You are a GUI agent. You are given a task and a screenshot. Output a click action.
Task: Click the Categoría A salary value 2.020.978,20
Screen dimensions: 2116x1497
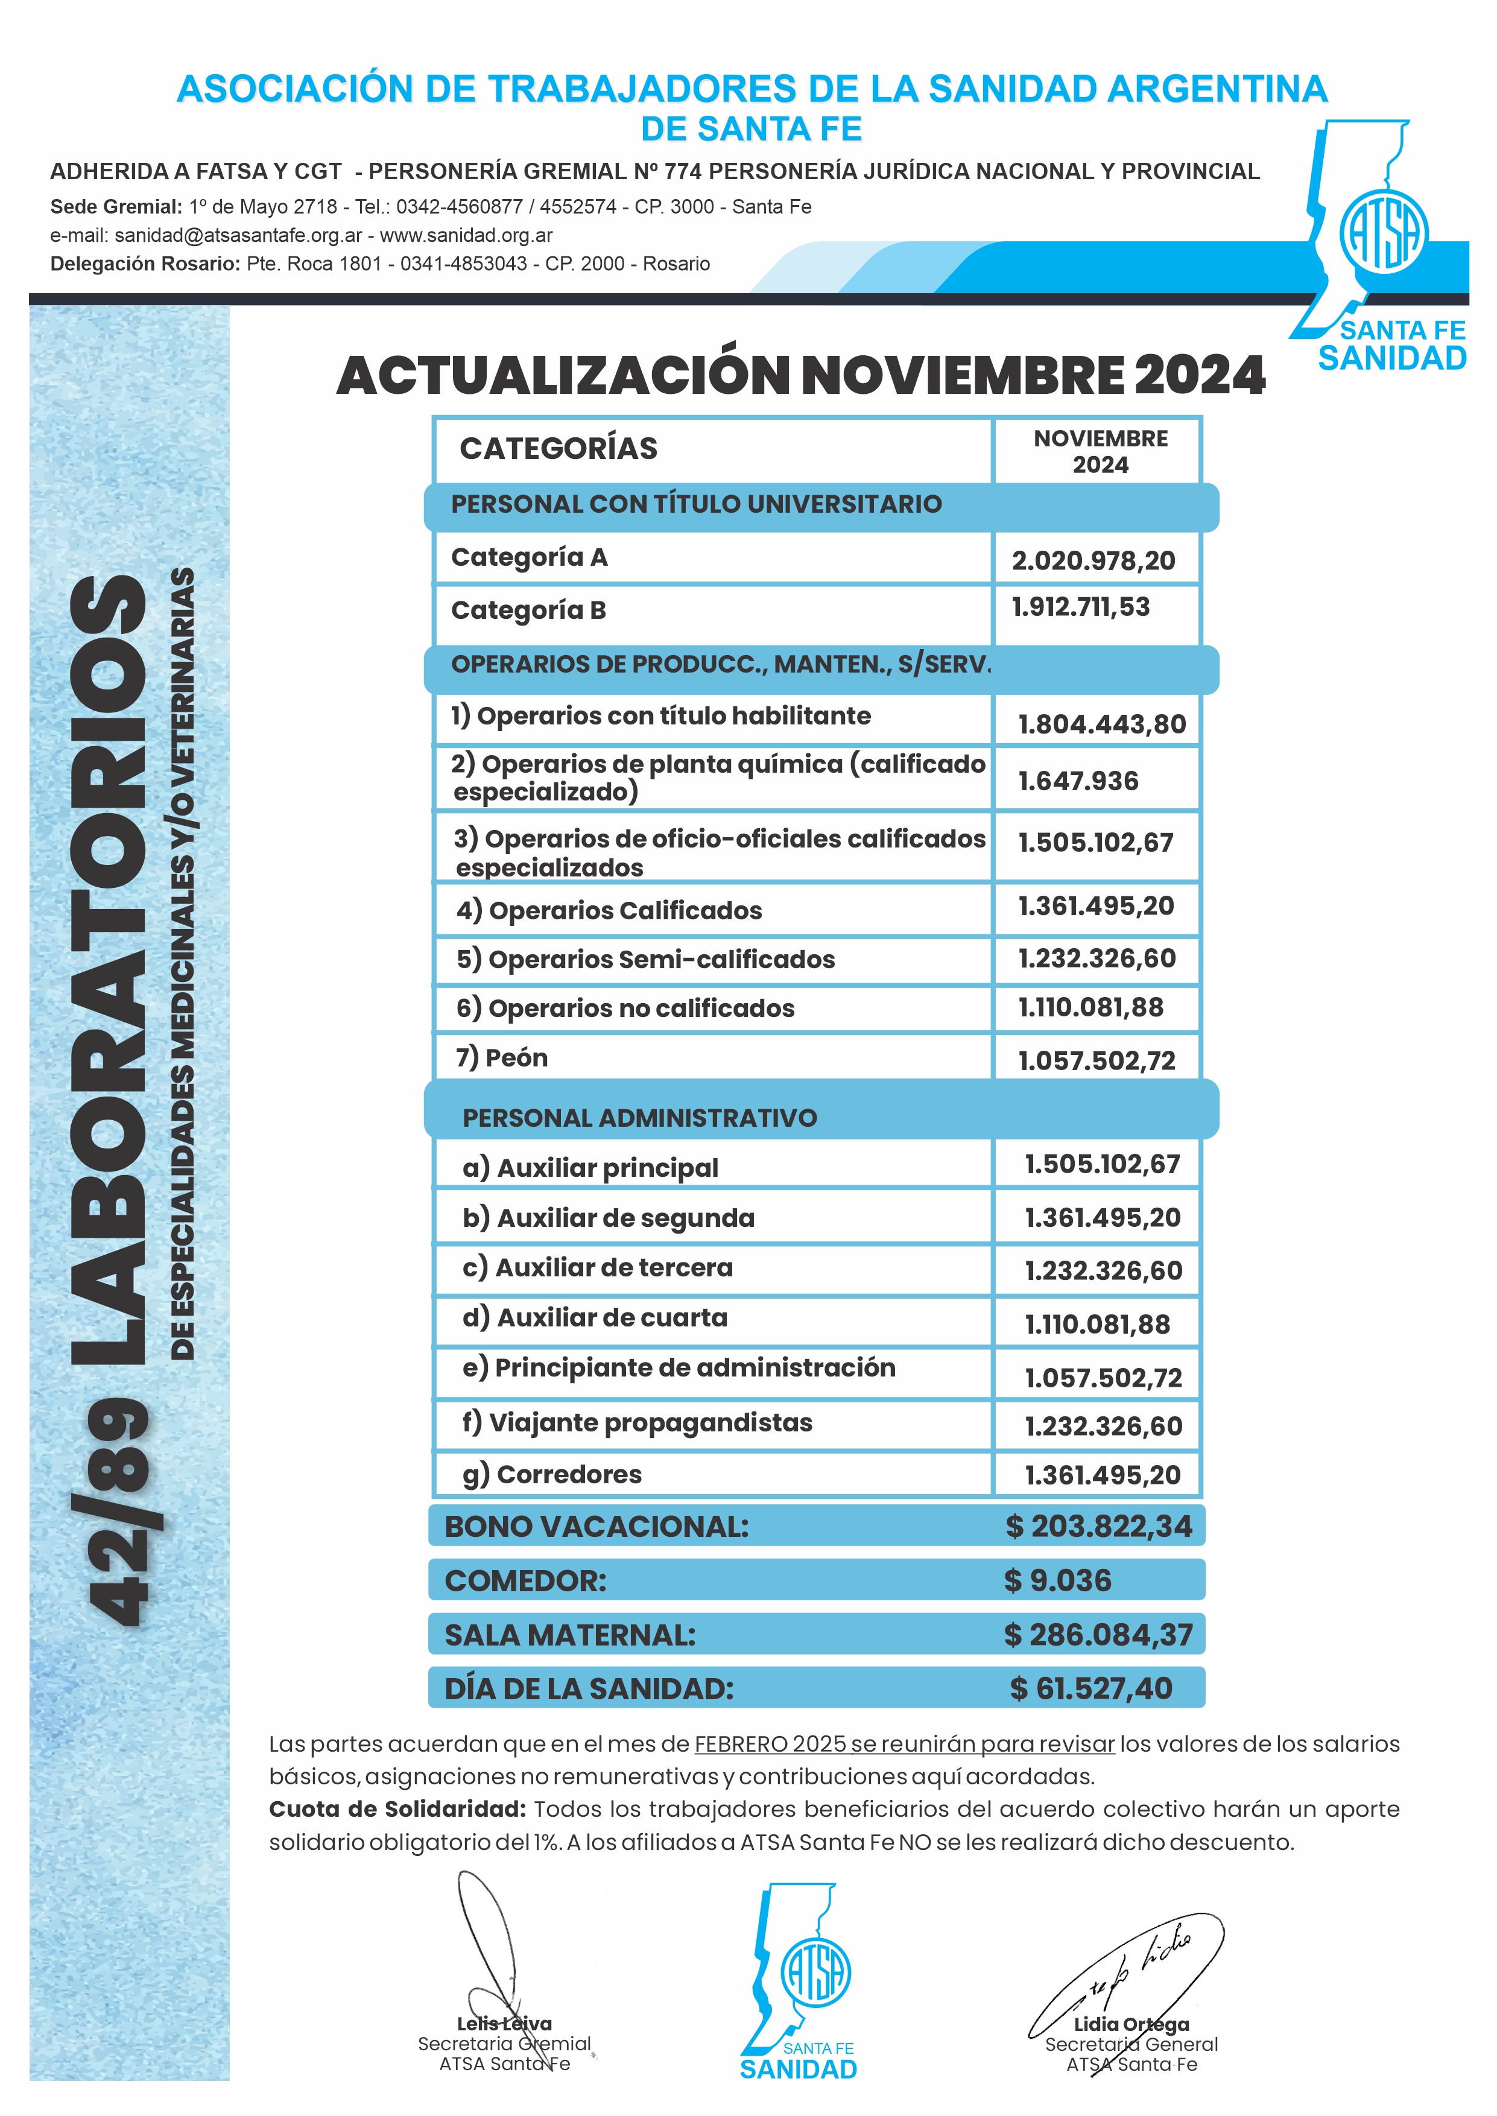(x=1093, y=560)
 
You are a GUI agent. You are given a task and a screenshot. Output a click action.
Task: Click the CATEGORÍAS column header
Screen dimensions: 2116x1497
(x=559, y=449)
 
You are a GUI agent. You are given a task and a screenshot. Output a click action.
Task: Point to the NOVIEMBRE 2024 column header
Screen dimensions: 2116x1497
(x=1100, y=451)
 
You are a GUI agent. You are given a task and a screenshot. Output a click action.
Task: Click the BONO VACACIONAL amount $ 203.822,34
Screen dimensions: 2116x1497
(x=1099, y=1526)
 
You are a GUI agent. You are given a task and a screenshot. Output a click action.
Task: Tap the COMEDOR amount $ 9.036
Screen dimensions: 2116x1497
(x=1057, y=1580)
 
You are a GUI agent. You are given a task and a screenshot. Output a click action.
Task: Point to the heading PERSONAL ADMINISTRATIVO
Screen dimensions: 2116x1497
(x=640, y=1118)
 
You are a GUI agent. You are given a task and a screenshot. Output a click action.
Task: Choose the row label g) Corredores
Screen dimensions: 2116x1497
(x=552, y=1475)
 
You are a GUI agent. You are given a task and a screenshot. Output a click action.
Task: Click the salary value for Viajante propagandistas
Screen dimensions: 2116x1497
(x=1103, y=1427)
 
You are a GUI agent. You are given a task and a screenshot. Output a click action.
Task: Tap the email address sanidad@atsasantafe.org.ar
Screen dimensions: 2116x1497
(x=238, y=235)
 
